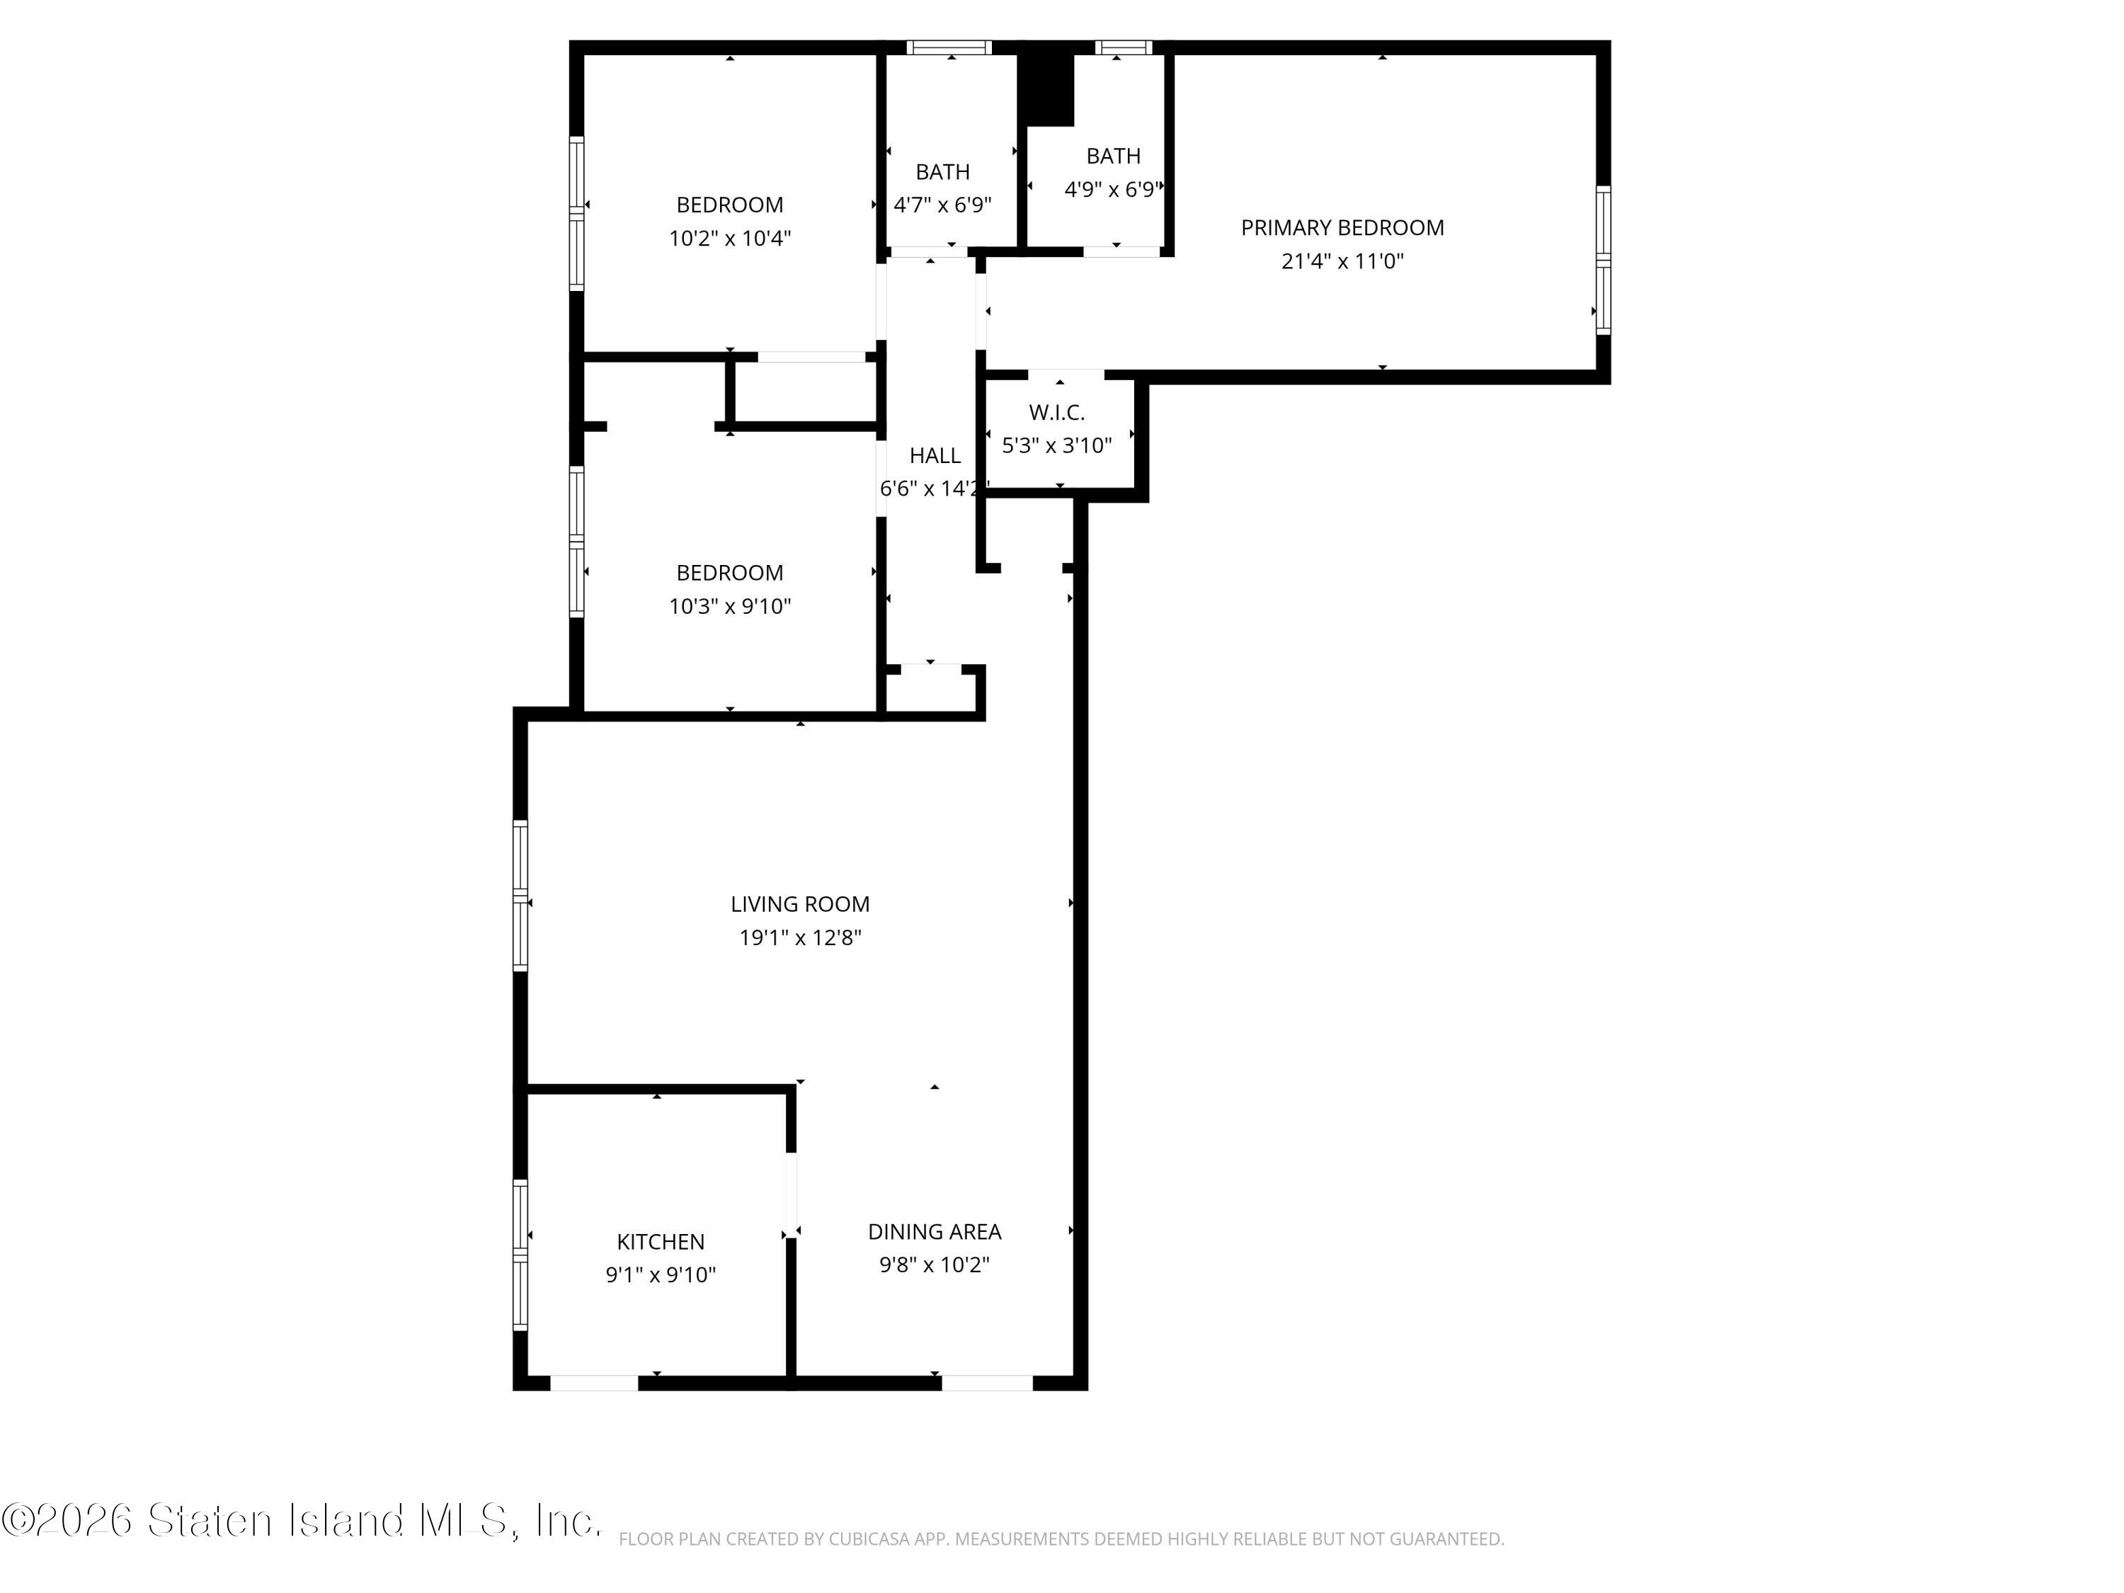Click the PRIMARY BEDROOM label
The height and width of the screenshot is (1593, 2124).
pyautogui.click(x=1342, y=227)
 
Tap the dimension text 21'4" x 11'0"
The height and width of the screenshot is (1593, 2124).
pyautogui.click(x=1342, y=261)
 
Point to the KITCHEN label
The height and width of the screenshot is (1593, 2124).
pyautogui.click(x=661, y=1242)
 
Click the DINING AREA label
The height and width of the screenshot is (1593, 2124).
pyautogui.click(x=935, y=1231)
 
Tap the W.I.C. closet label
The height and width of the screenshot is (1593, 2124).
pyautogui.click(x=1057, y=412)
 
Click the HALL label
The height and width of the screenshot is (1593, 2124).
pyautogui.click(x=935, y=455)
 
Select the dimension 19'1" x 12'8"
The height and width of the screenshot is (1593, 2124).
pyautogui.click(x=800, y=937)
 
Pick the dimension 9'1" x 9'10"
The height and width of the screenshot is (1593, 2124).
pyautogui.click(x=661, y=1274)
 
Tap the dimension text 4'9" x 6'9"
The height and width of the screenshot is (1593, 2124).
pyautogui.click(x=1114, y=189)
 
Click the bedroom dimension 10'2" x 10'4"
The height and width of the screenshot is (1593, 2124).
pyautogui.click(x=730, y=238)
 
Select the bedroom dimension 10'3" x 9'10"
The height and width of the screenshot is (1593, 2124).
pyautogui.click(x=730, y=606)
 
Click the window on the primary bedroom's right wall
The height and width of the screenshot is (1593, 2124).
pyautogui.click(x=1603, y=261)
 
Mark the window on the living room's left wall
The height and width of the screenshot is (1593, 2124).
pyautogui.click(x=520, y=896)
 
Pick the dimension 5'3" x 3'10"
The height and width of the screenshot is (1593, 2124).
pyautogui.click(x=1057, y=445)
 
